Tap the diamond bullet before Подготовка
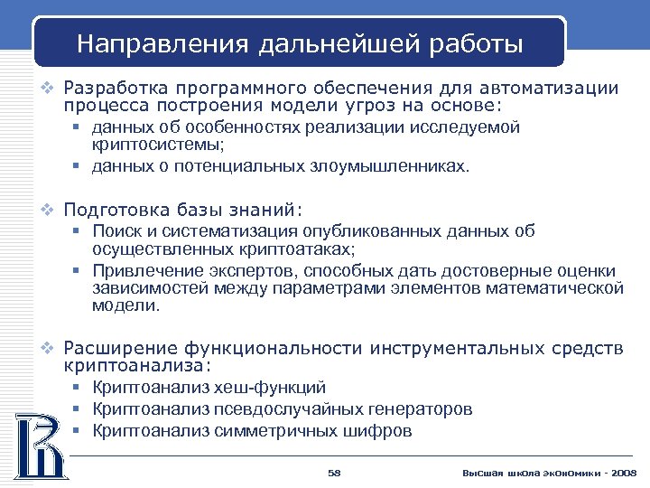tap(51, 211)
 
